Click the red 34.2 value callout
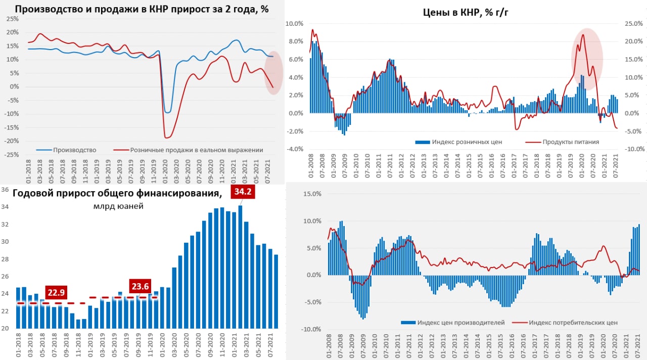click(x=243, y=193)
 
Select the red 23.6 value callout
click(x=140, y=287)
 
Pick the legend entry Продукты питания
click(x=570, y=142)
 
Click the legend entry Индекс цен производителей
click(x=457, y=322)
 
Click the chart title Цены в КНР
click(x=466, y=13)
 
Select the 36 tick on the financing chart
click(x=5, y=190)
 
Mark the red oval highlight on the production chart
click(x=273, y=72)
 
